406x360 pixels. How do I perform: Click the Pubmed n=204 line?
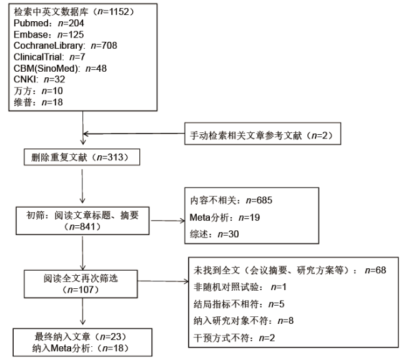pos(49,23)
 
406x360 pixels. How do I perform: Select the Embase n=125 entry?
pos(49,34)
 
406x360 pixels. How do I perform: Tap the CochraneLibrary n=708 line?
pos(65,46)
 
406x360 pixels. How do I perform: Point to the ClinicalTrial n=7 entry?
pos(49,57)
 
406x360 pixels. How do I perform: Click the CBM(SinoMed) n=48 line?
pos(60,68)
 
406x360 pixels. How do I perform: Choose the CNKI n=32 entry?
pos(39,79)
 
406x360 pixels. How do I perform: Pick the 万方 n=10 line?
pos(38,90)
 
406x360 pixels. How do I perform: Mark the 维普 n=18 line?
pos(38,102)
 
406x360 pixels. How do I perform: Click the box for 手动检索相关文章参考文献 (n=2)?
pos(262,134)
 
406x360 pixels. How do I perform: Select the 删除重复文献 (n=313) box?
pos(82,157)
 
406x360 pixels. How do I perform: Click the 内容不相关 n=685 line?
pos(231,200)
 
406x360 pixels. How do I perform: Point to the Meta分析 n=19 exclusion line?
pos(225,217)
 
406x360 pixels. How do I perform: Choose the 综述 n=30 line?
pos(214,234)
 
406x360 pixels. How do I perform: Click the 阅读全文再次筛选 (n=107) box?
pos(81,284)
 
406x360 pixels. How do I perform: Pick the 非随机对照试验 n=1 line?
pos(240,287)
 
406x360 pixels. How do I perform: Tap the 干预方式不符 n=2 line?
pos(234,338)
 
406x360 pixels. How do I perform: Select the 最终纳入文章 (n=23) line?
pos(81,336)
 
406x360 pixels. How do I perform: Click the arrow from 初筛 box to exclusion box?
pos(167,221)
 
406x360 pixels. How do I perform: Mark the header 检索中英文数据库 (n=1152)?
pos(74,12)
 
